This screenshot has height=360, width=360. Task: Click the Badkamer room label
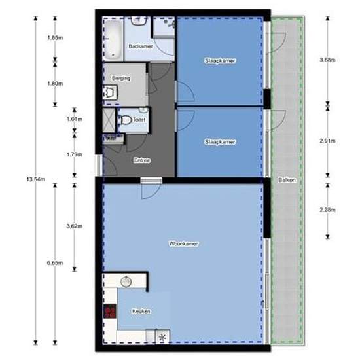tap(141, 46)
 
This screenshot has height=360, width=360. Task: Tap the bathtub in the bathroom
tap(113, 39)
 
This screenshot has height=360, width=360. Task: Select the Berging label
tap(121, 79)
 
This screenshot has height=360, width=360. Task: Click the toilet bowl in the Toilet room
tap(126, 120)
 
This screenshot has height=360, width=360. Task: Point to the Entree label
tap(142, 160)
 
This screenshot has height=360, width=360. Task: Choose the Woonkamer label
tap(183, 243)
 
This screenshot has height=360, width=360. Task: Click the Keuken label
tap(141, 311)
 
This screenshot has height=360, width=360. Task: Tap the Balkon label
tap(287, 180)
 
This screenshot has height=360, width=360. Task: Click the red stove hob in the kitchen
tap(110, 311)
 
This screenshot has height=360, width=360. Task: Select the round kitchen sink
tap(126, 281)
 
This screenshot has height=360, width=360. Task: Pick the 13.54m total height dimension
tap(35, 179)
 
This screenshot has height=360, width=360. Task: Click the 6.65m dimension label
tap(55, 263)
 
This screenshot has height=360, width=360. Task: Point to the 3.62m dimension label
tap(75, 226)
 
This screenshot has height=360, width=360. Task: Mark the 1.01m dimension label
tap(75, 119)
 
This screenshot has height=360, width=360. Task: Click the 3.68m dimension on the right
tap(327, 60)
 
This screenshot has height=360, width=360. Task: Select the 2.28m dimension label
tap(327, 209)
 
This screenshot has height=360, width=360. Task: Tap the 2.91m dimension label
tap(327, 141)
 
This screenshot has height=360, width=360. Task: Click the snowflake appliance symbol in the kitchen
tap(163, 337)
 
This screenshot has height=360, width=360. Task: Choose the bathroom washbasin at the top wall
tap(139, 21)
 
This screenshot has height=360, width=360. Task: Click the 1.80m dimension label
tap(55, 84)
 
